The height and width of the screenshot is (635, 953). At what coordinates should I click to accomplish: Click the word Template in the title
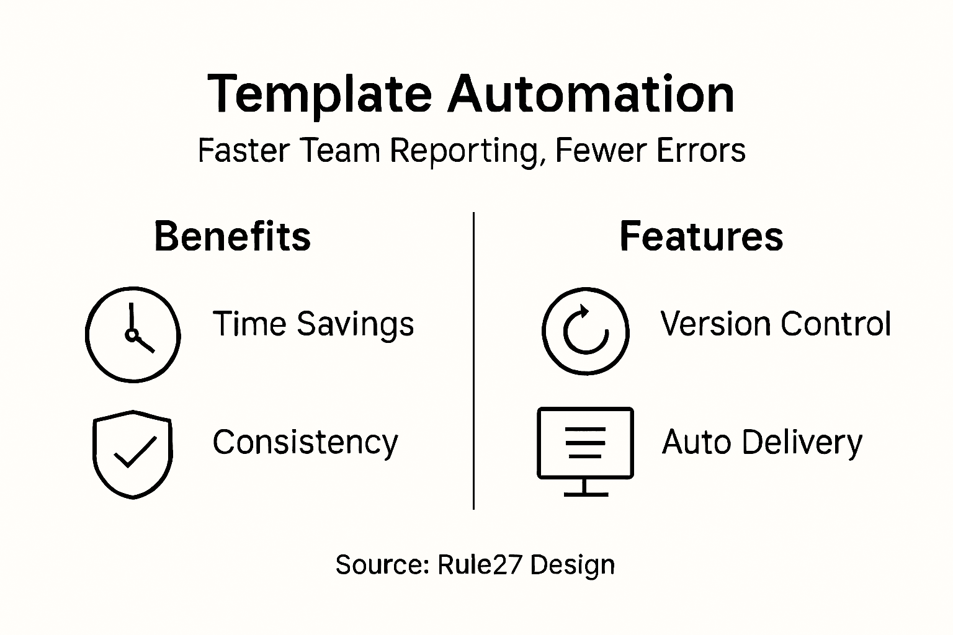point(319,95)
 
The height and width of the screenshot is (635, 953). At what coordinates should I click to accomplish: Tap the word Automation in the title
point(591,95)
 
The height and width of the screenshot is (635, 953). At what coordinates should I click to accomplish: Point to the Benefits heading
point(232,236)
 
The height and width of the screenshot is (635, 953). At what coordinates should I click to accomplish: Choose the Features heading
point(701,236)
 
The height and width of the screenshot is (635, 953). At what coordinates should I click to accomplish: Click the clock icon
point(133,334)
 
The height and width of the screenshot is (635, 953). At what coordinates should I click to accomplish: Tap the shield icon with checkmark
point(133,453)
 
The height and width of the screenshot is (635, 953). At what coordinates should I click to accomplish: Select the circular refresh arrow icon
point(585,331)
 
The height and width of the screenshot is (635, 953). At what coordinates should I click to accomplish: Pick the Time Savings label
point(313,324)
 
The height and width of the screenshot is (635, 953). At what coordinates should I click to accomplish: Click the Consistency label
point(305,443)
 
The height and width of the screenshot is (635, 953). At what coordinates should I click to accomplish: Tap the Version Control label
point(776,324)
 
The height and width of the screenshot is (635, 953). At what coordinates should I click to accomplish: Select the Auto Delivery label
point(762,443)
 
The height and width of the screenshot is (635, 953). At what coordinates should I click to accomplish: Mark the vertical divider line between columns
point(474,360)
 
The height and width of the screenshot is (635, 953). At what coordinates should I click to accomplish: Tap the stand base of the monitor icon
point(586,494)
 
